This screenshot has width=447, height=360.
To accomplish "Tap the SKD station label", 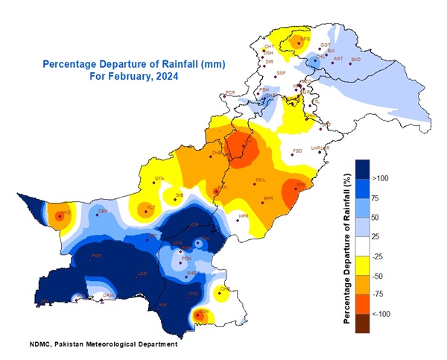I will (x=355, y=59).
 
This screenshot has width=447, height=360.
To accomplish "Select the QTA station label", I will (x=159, y=178).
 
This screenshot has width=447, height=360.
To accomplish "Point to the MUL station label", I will (x=261, y=180).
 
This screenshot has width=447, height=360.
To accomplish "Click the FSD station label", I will (x=297, y=151).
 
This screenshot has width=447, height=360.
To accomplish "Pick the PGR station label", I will (x=96, y=256).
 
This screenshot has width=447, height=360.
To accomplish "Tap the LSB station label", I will (x=142, y=274).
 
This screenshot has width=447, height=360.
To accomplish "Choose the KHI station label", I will (x=163, y=304).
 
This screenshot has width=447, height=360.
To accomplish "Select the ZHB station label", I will (x=217, y=153).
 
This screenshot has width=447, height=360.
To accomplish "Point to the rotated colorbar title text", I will (x=346, y=245).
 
